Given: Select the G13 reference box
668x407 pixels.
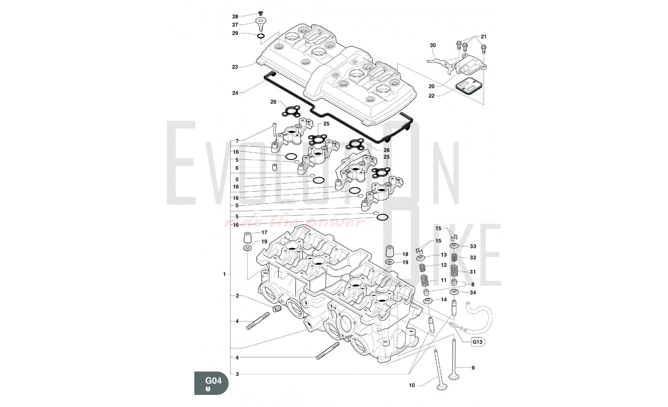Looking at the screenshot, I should [x=477, y=342].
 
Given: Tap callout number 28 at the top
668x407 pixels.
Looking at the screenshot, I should [x=235, y=17].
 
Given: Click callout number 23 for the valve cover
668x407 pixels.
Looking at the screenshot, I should [x=235, y=67].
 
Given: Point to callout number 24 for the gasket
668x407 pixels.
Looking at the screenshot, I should [x=235, y=93].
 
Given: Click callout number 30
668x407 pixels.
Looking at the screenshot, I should [x=433, y=45].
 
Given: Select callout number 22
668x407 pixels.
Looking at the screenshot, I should [x=432, y=96].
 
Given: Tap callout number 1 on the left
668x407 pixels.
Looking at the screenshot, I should [x=224, y=274].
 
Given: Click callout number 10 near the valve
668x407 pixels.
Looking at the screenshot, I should [x=412, y=386].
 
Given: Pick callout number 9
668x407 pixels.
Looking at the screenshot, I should [x=473, y=368].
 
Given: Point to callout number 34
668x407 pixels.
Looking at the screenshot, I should [x=473, y=293].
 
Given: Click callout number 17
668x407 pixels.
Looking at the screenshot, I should [x=264, y=233].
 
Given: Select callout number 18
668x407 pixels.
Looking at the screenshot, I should [x=405, y=254].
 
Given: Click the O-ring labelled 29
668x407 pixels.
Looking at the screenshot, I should [x=261, y=35].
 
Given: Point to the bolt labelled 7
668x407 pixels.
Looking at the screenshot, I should [x=274, y=130].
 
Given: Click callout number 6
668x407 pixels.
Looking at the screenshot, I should [x=237, y=168].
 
